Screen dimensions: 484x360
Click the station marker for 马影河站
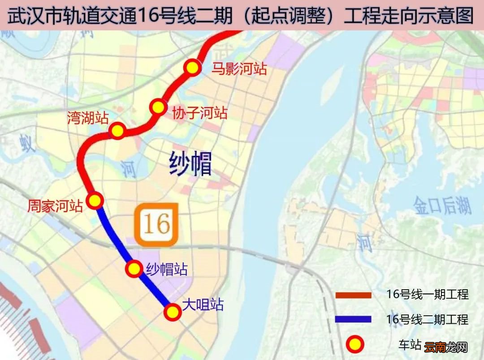192,68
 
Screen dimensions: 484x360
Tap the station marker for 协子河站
158,107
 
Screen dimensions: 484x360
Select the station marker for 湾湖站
117,131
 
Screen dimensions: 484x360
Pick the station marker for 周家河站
95,200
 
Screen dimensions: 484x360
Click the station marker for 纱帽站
134,269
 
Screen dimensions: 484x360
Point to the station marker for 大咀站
172,312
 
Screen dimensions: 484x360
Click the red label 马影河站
239,69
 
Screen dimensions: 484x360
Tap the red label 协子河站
200,112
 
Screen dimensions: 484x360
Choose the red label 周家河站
55,206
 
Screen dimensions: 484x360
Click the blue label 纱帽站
167,269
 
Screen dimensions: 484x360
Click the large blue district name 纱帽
190,163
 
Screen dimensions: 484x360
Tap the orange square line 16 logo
157,225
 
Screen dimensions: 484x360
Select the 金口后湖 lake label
442,206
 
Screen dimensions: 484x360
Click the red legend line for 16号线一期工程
354,295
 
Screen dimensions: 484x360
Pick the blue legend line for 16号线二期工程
354,320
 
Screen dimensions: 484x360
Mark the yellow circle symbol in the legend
354,344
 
